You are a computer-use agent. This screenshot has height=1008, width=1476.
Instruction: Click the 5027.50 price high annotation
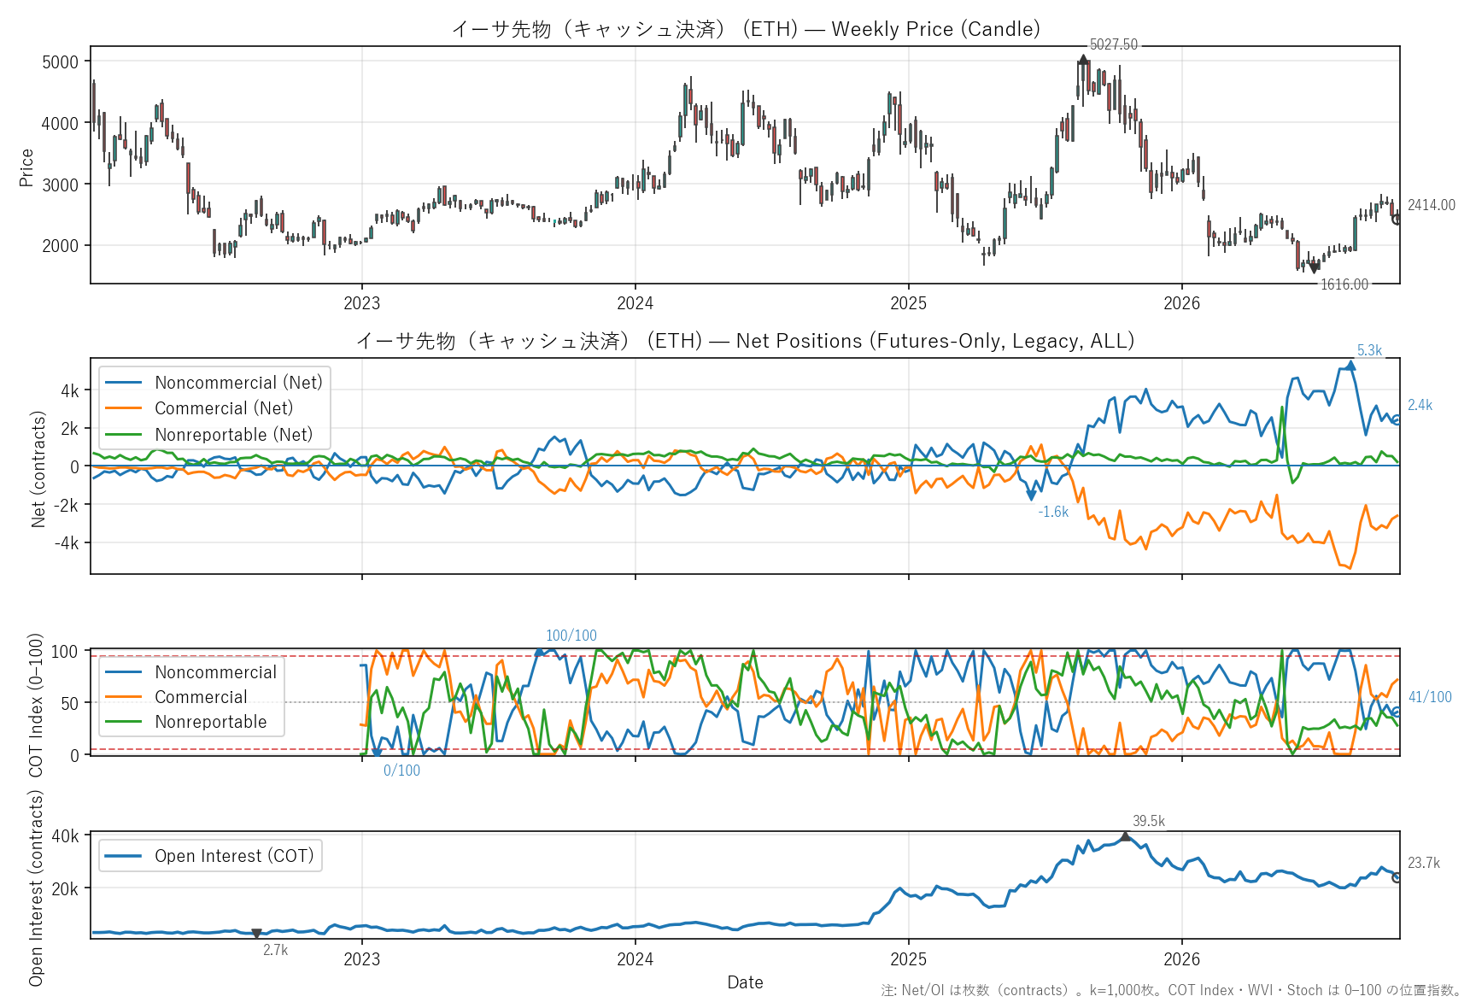1113,44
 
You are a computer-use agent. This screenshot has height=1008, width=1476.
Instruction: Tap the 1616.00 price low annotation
1344,284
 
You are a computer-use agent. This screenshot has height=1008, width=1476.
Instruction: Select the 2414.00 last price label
1432,205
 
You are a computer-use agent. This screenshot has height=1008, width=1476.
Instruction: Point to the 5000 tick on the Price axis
60,62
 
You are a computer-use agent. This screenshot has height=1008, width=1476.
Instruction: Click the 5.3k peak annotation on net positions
1369,350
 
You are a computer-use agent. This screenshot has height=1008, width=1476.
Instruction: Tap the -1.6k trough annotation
1053,512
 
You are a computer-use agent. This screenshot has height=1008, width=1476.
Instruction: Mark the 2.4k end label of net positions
1420,405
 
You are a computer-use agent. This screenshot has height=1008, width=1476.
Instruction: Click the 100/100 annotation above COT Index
571,636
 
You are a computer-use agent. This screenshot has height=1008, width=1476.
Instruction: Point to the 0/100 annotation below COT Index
401,771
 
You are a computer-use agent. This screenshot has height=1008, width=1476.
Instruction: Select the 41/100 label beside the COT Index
1430,697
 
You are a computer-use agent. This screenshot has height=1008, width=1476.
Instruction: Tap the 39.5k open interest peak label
1149,821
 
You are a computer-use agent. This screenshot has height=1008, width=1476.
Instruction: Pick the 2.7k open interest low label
275,950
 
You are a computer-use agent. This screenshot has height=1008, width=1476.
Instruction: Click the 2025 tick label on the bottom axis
908,959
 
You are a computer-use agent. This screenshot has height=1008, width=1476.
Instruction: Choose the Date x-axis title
745,982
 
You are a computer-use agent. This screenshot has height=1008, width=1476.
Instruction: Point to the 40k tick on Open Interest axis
65,836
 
